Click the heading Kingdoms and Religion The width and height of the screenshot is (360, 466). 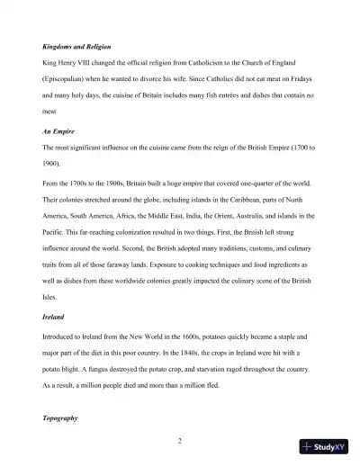pyautogui.click(x=78, y=45)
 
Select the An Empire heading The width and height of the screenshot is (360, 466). pyautogui.click(x=58, y=130)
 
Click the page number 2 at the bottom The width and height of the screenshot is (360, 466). pyautogui.click(x=180, y=440)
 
